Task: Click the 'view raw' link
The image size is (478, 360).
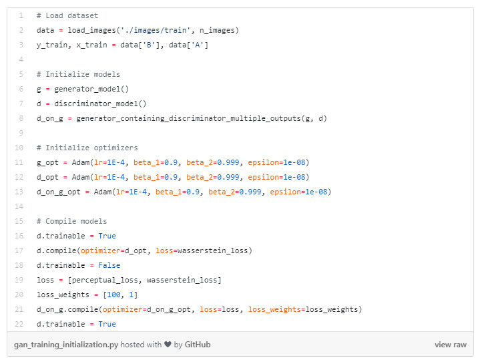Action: (x=450, y=345)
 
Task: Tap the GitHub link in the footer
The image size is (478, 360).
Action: (x=197, y=345)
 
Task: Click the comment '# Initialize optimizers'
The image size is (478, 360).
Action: (x=87, y=148)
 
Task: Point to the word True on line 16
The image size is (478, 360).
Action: (x=107, y=236)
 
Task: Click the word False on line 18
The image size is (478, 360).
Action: (x=109, y=265)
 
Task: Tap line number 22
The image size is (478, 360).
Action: (x=20, y=324)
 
